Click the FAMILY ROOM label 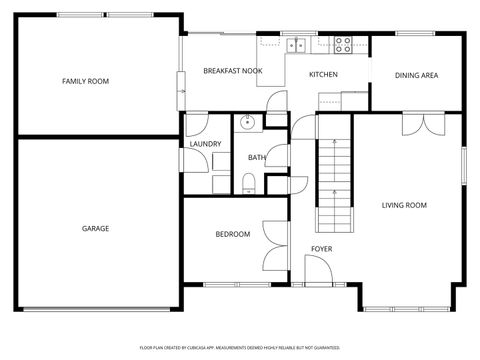[x=85, y=81]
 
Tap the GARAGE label [x=95, y=228]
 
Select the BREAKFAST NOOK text [x=233, y=71]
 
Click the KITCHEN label [x=322, y=75]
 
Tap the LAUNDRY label [x=205, y=144]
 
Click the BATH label [x=257, y=157]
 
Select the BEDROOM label [x=232, y=234]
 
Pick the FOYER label [x=321, y=248]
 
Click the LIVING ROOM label [x=404, y=205]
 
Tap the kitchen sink [x=297, y=44]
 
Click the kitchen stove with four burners [x=343, y=44]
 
